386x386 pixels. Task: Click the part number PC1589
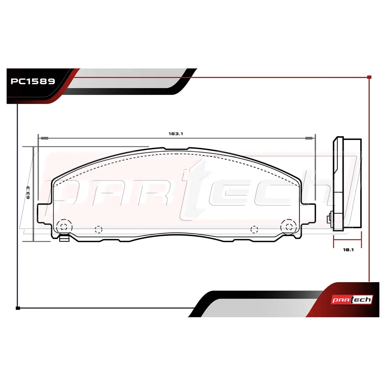click(33, 81)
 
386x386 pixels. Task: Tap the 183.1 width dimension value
click(176, 133)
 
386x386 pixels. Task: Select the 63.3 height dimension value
click(28, 192)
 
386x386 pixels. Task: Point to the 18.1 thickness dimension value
click(348, 250)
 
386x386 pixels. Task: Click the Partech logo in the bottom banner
click(352, 300)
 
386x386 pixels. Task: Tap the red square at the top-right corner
click(370, 77)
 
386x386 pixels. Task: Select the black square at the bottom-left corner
click(18, 308)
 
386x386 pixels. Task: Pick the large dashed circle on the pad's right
click(289, 227)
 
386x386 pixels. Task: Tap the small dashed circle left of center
click(98, 229)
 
